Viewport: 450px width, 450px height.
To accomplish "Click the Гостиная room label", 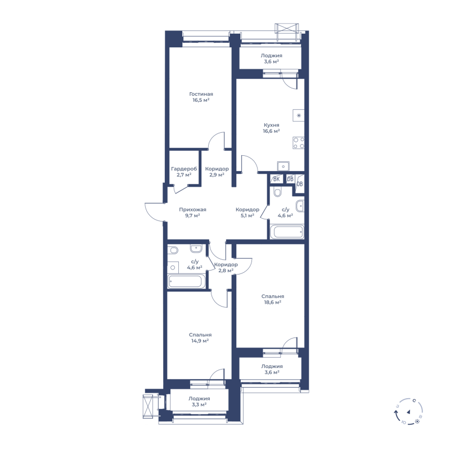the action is point(201,94).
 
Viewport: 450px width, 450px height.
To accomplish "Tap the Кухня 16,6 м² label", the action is point(271,128).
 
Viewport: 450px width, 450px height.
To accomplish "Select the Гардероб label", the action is point(184,169).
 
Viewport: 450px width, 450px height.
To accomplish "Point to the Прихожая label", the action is point(192,209).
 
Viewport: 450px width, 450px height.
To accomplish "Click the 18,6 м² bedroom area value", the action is point(272,302).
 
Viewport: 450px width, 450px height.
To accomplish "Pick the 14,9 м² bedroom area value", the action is point(200,341).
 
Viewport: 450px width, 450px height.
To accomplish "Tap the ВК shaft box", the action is point(276,179).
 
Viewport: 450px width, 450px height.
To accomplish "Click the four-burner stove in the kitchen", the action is point(299,143).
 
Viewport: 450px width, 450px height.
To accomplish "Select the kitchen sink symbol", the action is point(283,166).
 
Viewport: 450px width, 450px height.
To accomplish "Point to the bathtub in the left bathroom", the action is point(187,281).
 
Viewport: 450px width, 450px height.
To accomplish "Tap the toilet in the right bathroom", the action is point(277,192).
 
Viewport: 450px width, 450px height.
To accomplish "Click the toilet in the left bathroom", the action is point(173,250).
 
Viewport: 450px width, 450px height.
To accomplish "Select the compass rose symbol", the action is point(408,412).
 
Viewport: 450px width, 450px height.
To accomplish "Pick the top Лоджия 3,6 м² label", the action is point(271,58).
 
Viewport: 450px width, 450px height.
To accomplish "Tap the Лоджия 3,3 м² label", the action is point(199,401).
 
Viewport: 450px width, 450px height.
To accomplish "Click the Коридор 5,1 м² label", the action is point(247,213).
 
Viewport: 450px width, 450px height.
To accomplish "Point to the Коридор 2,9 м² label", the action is point(217,172).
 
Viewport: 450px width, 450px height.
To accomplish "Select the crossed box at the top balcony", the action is point(286,32).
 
